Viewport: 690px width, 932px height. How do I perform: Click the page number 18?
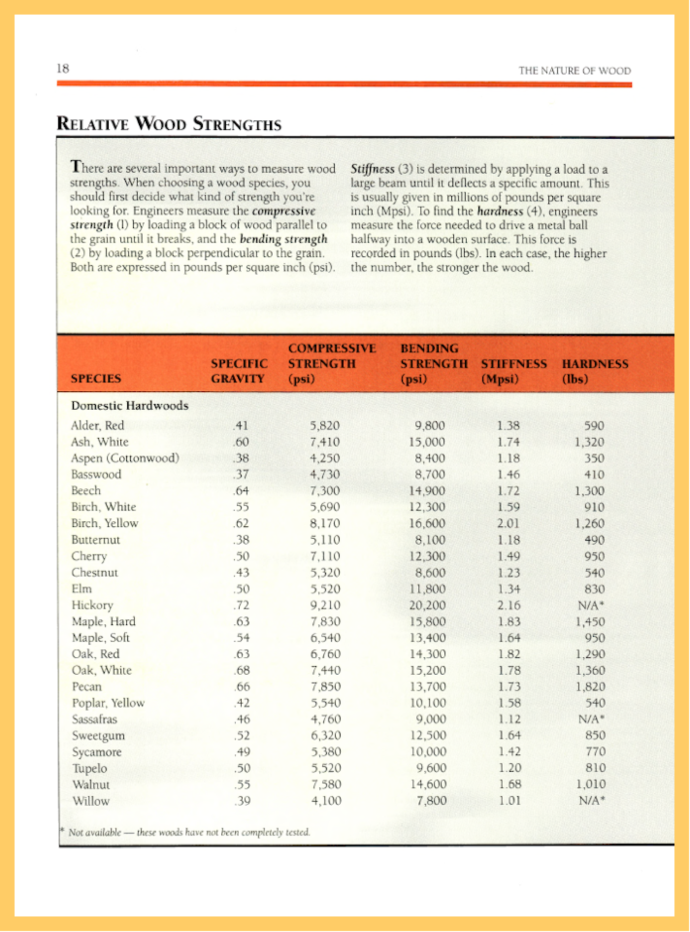click(x=63, y=68)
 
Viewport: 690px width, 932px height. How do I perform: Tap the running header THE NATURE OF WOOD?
click(x=575, y=71)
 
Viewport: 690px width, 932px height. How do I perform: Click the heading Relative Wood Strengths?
click(x=169, y=124)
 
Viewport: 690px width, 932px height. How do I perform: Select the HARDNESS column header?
click(x=595, y=371)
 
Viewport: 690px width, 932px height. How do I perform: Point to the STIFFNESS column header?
click(x=514, y=371)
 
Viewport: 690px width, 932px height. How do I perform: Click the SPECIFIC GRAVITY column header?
click(x=239, y=371)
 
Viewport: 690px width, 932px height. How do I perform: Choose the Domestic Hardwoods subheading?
click(x=130, y=405)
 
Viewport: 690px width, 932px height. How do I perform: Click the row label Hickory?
click(x=92, y=605)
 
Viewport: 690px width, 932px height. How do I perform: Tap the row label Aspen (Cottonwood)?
click(x=125, y=458)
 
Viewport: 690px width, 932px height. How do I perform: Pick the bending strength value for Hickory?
click(x=427, y=605)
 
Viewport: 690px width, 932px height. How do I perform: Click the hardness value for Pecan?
click(x=590, y=687)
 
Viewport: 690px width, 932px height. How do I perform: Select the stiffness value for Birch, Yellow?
click(x=508, y=524)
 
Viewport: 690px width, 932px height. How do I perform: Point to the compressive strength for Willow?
click(x=326, y=801)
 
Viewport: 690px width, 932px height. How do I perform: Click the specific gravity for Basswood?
click(x=241, y=475)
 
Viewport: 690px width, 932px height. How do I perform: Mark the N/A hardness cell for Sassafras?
click(x=591, y=719)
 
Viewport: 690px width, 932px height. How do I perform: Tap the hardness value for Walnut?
click(x=590, y=784)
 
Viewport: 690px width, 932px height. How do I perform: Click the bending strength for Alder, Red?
click(x=430, y=426)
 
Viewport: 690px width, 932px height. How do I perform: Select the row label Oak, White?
click(x=101, y=670)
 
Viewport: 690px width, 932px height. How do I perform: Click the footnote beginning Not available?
click(x=188, y=832)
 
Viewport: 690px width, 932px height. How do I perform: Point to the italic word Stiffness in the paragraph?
click(x=372, y=169)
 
